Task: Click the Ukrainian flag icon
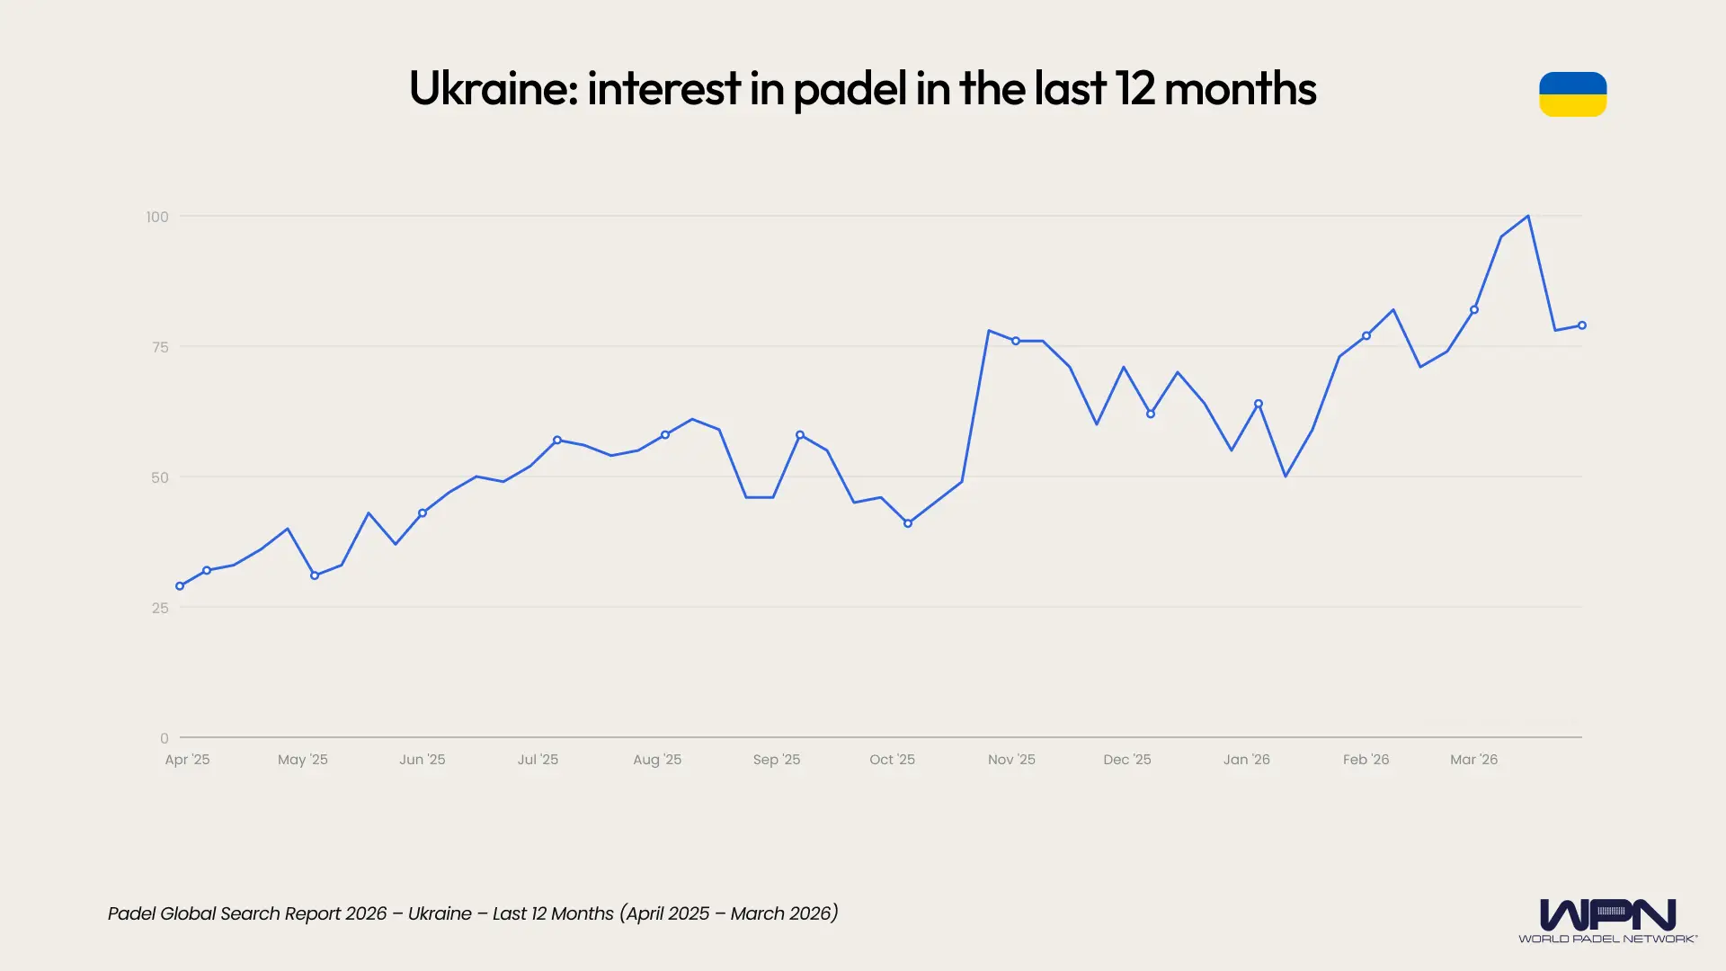click(1572, 94)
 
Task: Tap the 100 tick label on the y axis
click(157, 217)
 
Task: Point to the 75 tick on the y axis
click(160, 347)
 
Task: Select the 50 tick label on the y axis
click(160, 477)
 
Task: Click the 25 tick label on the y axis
click(160, 608)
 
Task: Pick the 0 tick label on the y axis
click(165, 738)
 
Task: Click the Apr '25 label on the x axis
click(187, 760)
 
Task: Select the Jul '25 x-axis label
click(538, 760)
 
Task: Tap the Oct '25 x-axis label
click(892, 760)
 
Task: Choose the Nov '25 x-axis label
click(1011, 760)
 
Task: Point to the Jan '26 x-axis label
click(1246, 760)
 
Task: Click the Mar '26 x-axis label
click(1473, 760)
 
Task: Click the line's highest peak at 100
click(1528, 217)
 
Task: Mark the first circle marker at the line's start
click(180, 586)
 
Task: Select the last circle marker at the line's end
click(1582, 325)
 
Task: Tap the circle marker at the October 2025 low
click(908, 523)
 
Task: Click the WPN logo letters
click(1607, 915)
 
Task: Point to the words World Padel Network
click(1607, 939)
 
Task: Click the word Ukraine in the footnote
click(440, 913)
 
